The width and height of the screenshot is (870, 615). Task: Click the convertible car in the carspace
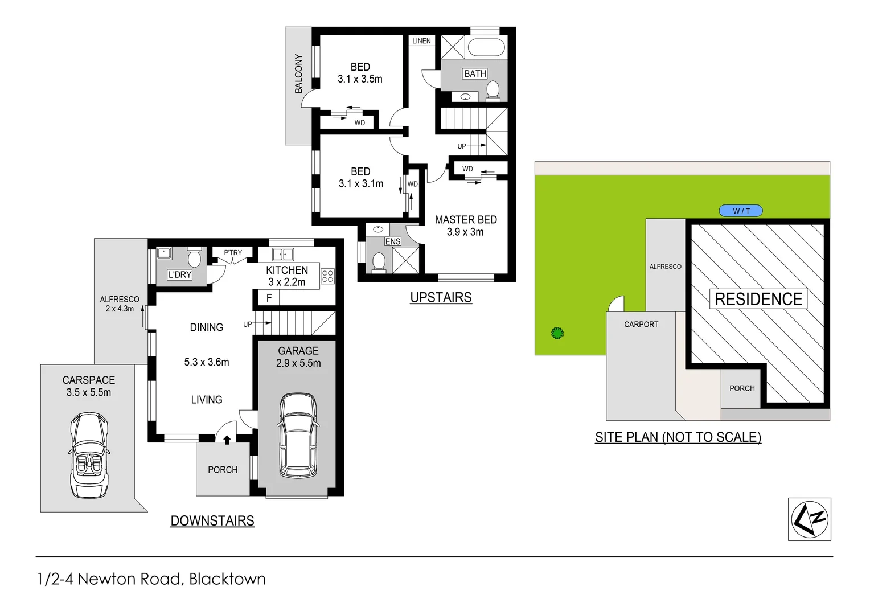tap(89, 456)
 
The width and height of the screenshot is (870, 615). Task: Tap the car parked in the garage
tap(298, 436)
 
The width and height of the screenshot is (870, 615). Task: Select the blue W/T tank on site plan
tap(740, 211)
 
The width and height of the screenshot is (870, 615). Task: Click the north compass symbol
tap(809, 519)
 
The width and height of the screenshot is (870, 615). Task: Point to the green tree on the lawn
tap(557, 333)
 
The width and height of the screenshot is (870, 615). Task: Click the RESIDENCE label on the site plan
tap(758, 299)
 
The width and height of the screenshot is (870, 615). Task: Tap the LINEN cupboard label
tap(421, 41)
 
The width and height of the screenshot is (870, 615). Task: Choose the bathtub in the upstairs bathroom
tap(486, 47)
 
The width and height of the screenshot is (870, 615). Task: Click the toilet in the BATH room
tap(493, 90)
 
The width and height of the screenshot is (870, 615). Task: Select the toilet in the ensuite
tap(379, 262)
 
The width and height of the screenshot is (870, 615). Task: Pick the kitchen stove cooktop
tap(327, 277)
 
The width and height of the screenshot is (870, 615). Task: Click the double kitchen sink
tap(282, 255)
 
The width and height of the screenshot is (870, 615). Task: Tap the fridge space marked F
tap(269, 298)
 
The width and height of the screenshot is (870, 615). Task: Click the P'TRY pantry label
tap(232, 253)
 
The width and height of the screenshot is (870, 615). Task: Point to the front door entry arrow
tap(227, 440)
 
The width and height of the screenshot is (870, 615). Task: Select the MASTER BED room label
tap(466, 220)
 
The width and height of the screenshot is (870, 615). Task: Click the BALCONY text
tap(298, 73)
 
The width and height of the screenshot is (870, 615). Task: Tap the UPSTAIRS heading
tap(441, 297)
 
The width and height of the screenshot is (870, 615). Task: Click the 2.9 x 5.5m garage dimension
tap(298, 363)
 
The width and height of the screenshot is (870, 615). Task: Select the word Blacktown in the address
tap(227, 579)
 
